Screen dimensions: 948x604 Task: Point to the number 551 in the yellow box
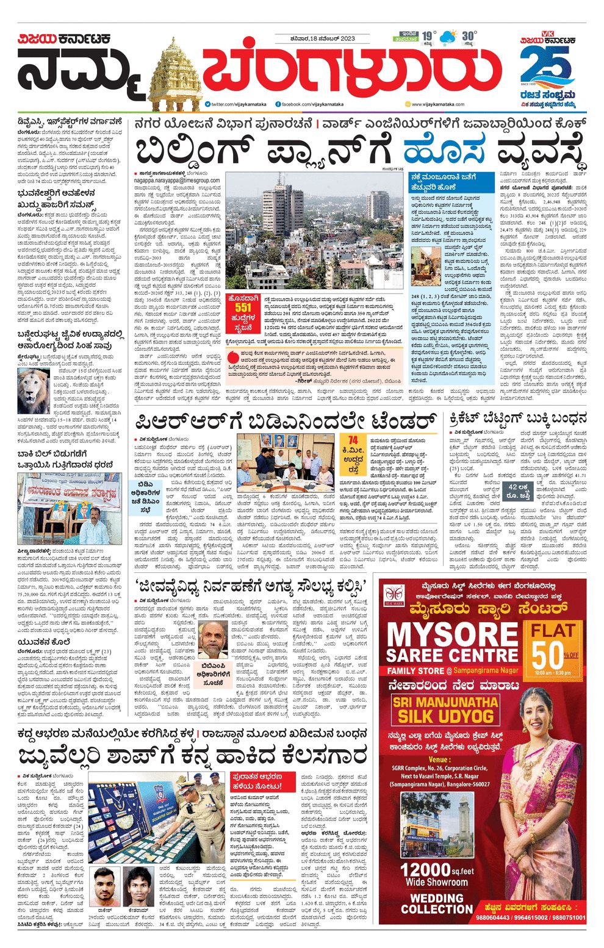tap(243, 308)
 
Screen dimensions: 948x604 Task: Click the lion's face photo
tap(34, 391)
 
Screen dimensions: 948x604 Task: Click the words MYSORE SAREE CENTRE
tap(452, 644)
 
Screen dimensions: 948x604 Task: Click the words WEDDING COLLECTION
tap(436, 903)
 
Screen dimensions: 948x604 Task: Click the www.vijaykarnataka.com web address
tap(438, 104)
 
